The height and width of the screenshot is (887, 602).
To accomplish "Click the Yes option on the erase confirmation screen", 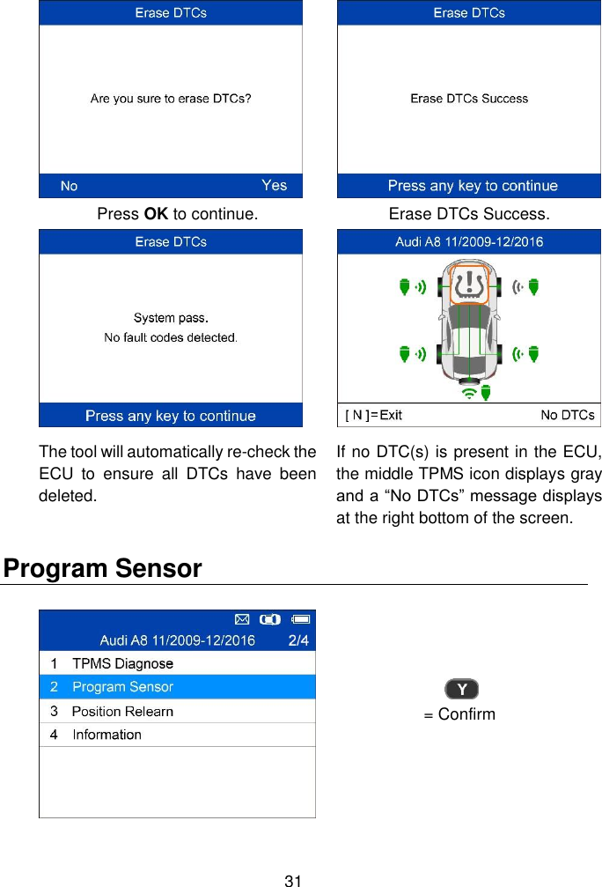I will click(274, 185).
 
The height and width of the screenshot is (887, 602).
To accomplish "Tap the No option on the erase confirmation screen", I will click(69, 186).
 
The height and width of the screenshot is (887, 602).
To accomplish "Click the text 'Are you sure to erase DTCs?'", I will click(171, 99).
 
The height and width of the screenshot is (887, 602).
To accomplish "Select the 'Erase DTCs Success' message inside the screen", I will click(469, 99).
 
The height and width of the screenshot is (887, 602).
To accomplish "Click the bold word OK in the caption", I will click(156, 214).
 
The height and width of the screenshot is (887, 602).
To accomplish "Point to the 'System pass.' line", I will click(171, 318).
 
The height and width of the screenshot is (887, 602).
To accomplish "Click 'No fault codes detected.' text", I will click(171, 337).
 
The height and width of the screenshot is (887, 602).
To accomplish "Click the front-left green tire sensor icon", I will click(405, 286).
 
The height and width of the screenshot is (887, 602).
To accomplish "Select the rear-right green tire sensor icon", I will click(533, 355).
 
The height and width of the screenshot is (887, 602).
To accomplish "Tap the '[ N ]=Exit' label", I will click(373, 415).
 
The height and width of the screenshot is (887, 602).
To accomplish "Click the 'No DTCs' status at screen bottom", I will click(567, 415).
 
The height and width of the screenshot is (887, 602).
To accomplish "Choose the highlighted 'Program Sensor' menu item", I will click(122, 687).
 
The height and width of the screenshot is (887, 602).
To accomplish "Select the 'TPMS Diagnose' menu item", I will click(122, 663).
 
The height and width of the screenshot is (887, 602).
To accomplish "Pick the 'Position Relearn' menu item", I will click(122, 711).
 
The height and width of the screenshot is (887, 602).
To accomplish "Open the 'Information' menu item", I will click(106, 735).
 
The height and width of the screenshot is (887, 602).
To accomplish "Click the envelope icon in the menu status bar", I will click(243, 617).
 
